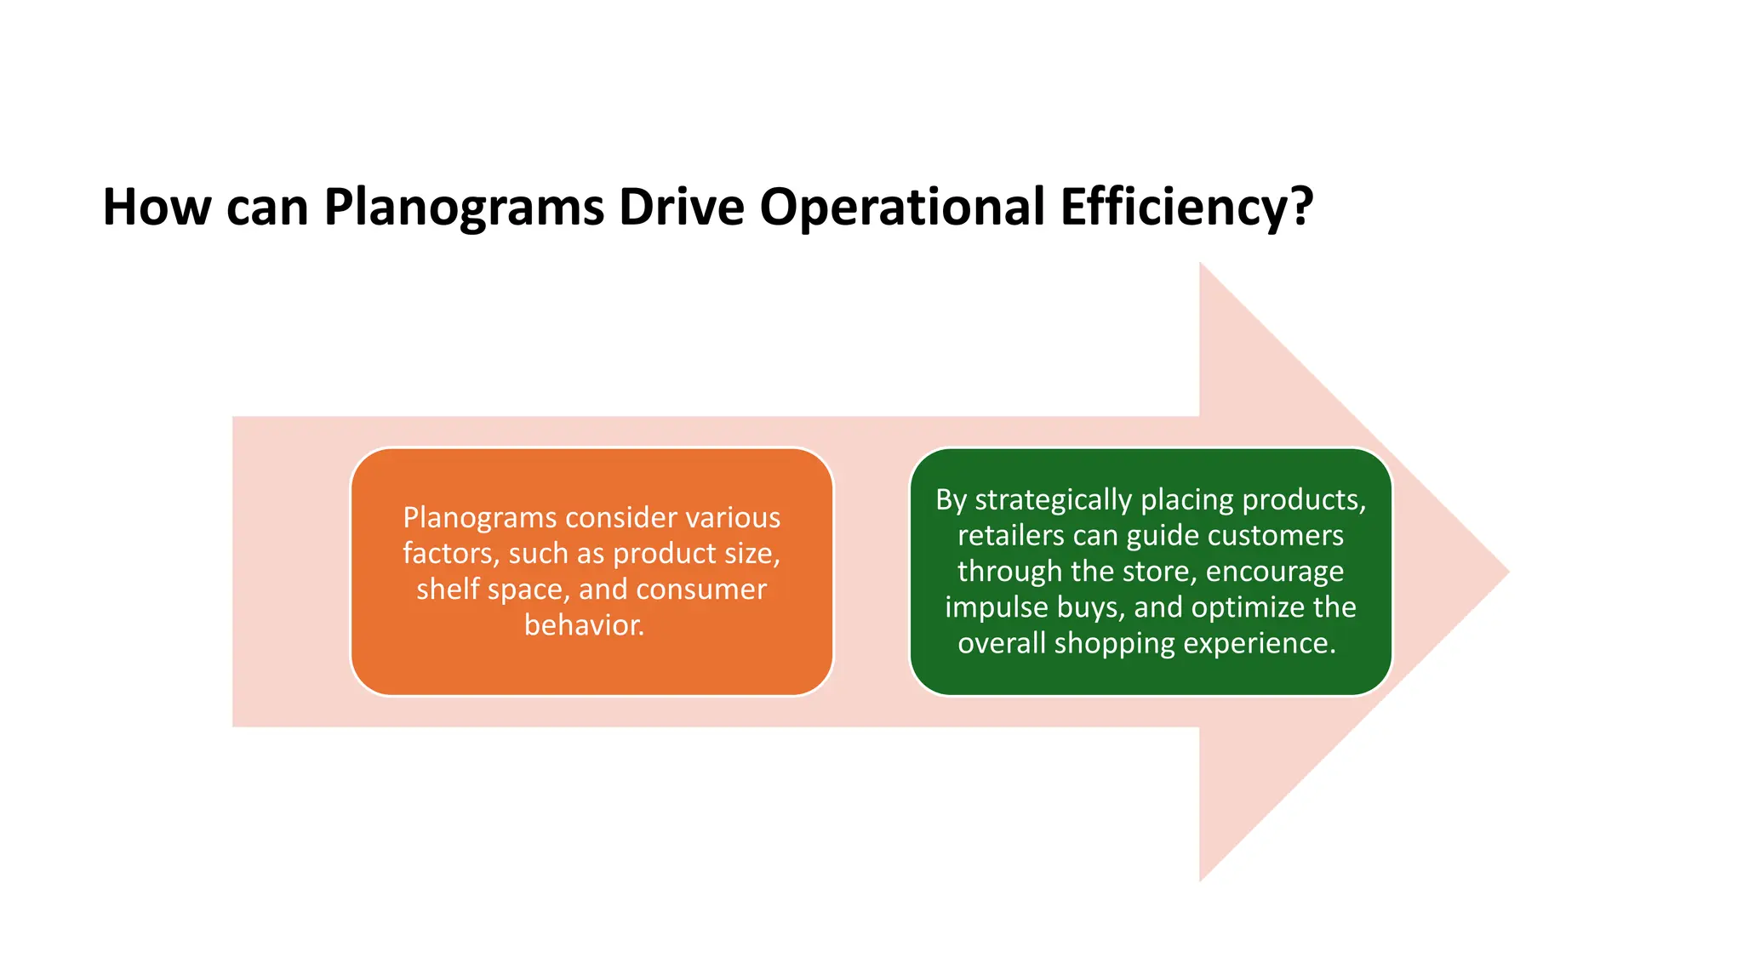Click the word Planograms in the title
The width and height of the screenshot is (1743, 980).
click(464, 208)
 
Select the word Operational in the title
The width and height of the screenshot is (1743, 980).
click(902, 208)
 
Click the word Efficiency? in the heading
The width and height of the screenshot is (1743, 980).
click(1186, 208)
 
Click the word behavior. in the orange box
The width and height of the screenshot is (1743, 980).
click(584, 625)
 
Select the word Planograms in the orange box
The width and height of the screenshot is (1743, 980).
click(478, 518)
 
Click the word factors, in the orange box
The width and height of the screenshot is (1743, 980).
click(450, 554)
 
